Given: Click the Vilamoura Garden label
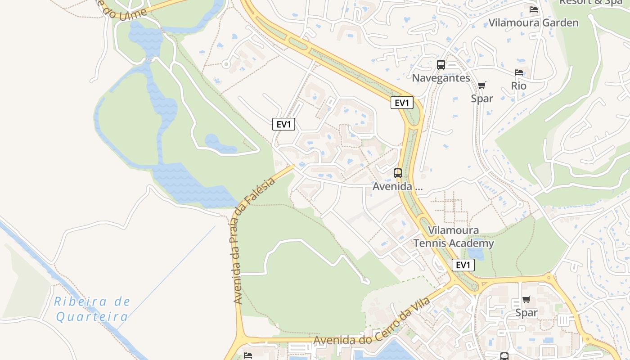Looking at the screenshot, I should (x=533, y=22).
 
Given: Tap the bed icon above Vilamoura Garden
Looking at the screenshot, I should (x=534, y=9).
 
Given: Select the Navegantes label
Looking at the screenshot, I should (x=441, y=78).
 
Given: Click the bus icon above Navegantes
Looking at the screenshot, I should (x=441, y=65).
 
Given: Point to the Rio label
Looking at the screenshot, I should (x=518, y=85).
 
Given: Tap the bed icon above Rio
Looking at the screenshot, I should (x=519, y=72).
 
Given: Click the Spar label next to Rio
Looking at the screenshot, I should (x=482, y=98).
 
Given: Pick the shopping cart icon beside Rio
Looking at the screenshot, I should (x=482, y=85).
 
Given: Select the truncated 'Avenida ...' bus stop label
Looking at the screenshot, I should (x=397, y=186).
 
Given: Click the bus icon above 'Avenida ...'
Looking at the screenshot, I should (x=397, y=173).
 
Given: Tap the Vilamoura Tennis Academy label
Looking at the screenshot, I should (x=454, y=237).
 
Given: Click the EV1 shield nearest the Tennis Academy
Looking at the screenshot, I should (x=463, y=265).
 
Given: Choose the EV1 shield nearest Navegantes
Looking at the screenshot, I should (x=401, y=103).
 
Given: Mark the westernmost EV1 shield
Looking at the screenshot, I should (x=283, y=125).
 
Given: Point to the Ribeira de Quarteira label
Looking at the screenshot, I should (x=92, y=309).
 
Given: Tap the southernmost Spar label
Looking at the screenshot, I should (x=526, y=312).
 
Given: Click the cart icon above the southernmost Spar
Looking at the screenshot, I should (x=526, y=299).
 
